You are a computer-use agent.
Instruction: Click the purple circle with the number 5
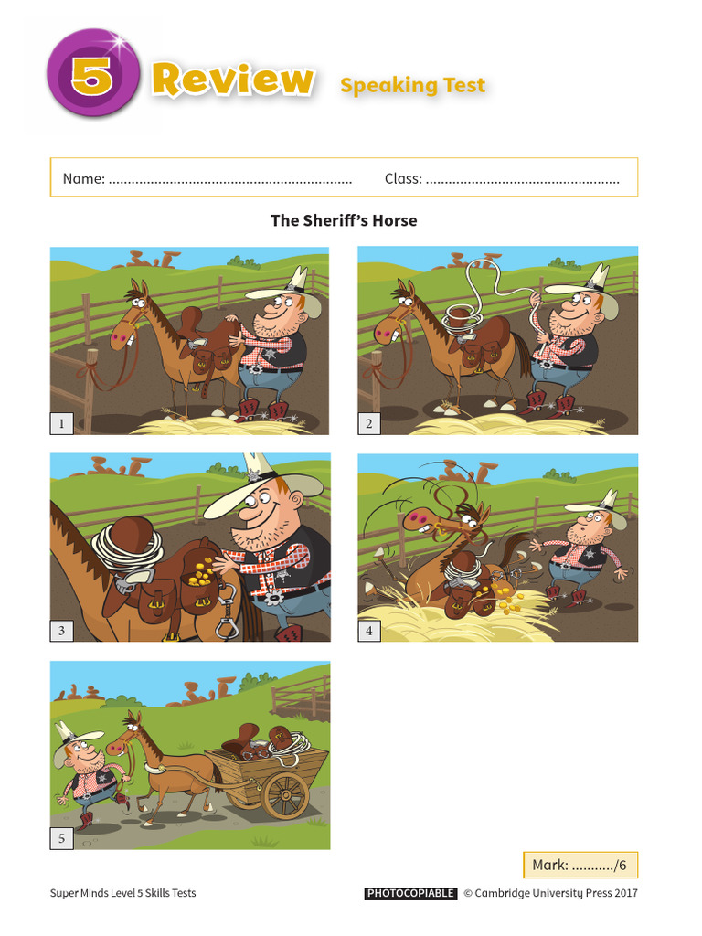[x=91, y=76]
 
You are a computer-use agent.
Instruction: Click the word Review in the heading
[x=232, y=80]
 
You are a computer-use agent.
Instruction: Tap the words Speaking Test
[x=412, y=86]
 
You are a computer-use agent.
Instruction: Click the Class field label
[x=403, y=178]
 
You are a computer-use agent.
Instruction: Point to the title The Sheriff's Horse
[x=344, y=220]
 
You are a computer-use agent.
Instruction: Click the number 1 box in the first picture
[x=62, y=422]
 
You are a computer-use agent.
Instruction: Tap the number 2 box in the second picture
[x=369, y=422]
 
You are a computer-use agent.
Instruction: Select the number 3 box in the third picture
[x=62, y=630]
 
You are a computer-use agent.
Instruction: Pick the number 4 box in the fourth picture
[x=369, y=630]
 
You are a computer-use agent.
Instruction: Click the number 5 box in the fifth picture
[x=62, y=837]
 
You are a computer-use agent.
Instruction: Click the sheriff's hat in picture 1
[x=282, y=287]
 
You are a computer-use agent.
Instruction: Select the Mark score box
[x=580, y=865]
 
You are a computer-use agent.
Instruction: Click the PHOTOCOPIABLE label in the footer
[x=410, y=893]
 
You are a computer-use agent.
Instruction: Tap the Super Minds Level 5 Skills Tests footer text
[x=122, y=893]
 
